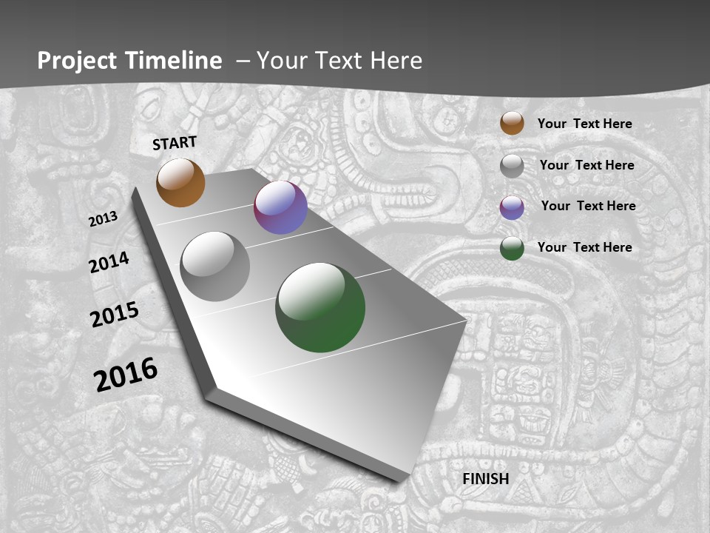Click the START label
175,142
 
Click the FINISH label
486,479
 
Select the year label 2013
104,218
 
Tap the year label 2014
109,262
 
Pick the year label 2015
115,315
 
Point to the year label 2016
126,374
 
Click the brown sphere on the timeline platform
180,183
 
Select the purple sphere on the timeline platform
280,207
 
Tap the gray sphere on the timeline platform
214,266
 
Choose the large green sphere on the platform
320,307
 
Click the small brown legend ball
512,123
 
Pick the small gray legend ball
512,166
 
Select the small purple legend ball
512,207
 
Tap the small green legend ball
512,248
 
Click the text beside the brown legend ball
584,124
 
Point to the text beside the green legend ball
584,247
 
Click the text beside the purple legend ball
588,206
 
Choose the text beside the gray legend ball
586,165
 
